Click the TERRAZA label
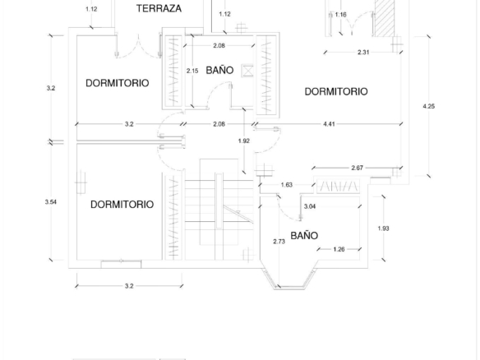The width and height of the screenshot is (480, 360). click(159, 8)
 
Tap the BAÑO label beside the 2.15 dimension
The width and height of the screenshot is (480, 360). click(219, 70)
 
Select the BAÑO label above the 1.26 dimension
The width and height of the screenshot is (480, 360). click(304, 235)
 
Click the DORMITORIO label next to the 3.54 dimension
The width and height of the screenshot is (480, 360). click(122, 204)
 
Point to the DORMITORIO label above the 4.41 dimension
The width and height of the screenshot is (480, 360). click(336, 91)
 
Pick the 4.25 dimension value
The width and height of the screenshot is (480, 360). click(428, 106)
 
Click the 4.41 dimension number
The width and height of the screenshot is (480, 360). click(329, 123)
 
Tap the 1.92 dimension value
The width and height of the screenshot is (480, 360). click(243, 141)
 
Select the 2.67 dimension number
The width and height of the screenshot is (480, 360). click(357, 168)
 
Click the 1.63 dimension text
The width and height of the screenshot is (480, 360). click(287, 185)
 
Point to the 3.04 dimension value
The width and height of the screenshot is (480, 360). click(310, 206)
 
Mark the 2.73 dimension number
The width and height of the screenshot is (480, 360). click(279, 242)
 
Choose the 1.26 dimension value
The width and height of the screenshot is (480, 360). click(339, 249)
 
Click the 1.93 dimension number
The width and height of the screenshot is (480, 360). click(383, 228)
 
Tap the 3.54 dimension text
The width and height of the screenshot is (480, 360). click(50, 201)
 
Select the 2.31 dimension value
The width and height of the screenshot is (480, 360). click(363, 52)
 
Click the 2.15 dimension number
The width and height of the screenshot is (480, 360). click(192, 71)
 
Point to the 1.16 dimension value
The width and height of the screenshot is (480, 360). click(340, 15)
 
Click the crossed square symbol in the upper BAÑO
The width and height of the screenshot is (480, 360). click(247, 71)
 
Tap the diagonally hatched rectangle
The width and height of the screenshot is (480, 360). click(385, 18)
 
